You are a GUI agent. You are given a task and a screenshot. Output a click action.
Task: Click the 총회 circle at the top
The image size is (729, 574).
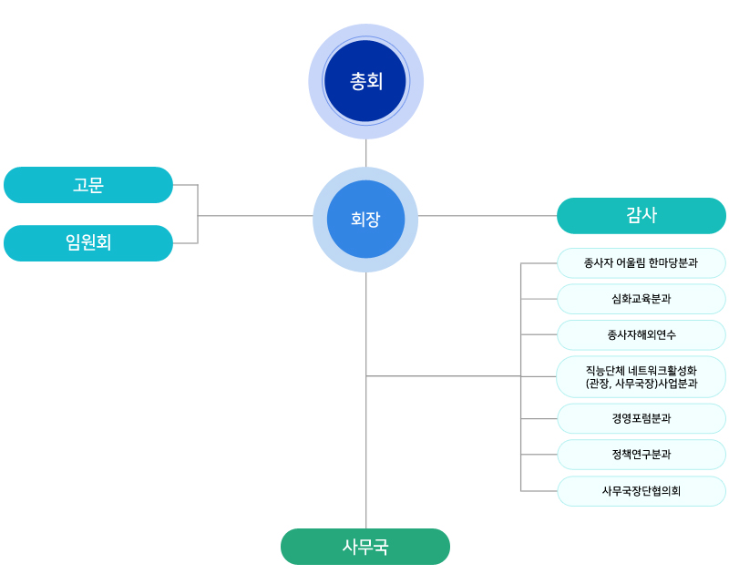(365, 81)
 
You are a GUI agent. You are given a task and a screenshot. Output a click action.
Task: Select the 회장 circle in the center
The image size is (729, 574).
(365, 219)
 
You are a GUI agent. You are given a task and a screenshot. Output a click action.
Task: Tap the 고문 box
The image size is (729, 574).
(88, 185)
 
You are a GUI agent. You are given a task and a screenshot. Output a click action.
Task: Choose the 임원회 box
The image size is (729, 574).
(88, 243)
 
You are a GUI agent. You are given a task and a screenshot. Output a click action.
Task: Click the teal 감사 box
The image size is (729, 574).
(642, 216)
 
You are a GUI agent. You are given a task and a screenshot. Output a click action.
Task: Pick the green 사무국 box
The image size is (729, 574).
(365, 547)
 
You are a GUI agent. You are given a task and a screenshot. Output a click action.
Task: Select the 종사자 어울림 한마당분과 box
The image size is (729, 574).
(642, 263)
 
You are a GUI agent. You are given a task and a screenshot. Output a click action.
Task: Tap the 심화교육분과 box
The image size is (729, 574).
(642, 299)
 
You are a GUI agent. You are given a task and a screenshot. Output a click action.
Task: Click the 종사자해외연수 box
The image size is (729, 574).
(642, 334)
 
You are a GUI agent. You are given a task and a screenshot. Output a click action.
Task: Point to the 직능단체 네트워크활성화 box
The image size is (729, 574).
(642, 376)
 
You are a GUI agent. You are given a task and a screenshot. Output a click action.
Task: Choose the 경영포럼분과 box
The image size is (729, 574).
(642, 418)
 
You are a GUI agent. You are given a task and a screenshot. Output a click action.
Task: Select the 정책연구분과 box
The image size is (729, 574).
(642, 454)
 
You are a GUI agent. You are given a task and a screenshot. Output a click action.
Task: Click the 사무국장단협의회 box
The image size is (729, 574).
(642, 491)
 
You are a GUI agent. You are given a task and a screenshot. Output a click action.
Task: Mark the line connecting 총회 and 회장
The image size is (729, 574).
(365, 153)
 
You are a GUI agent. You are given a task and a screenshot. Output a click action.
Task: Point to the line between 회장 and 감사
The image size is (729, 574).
(488, 216)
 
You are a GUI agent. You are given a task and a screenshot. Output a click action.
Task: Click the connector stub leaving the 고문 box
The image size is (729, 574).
(185, 185)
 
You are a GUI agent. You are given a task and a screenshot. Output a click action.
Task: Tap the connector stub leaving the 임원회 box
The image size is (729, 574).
(185, 243)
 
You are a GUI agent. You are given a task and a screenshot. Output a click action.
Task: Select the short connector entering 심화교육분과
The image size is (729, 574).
(539, 299)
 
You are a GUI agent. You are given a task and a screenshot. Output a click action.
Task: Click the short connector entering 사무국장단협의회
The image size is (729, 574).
(539, 491)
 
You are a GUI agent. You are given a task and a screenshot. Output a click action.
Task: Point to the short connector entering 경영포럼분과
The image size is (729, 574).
(539, 418)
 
